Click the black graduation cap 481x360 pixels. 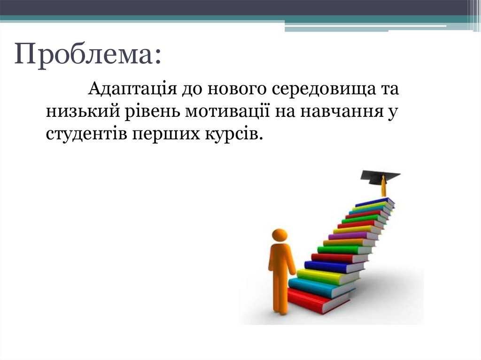click(x=380, y=176)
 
